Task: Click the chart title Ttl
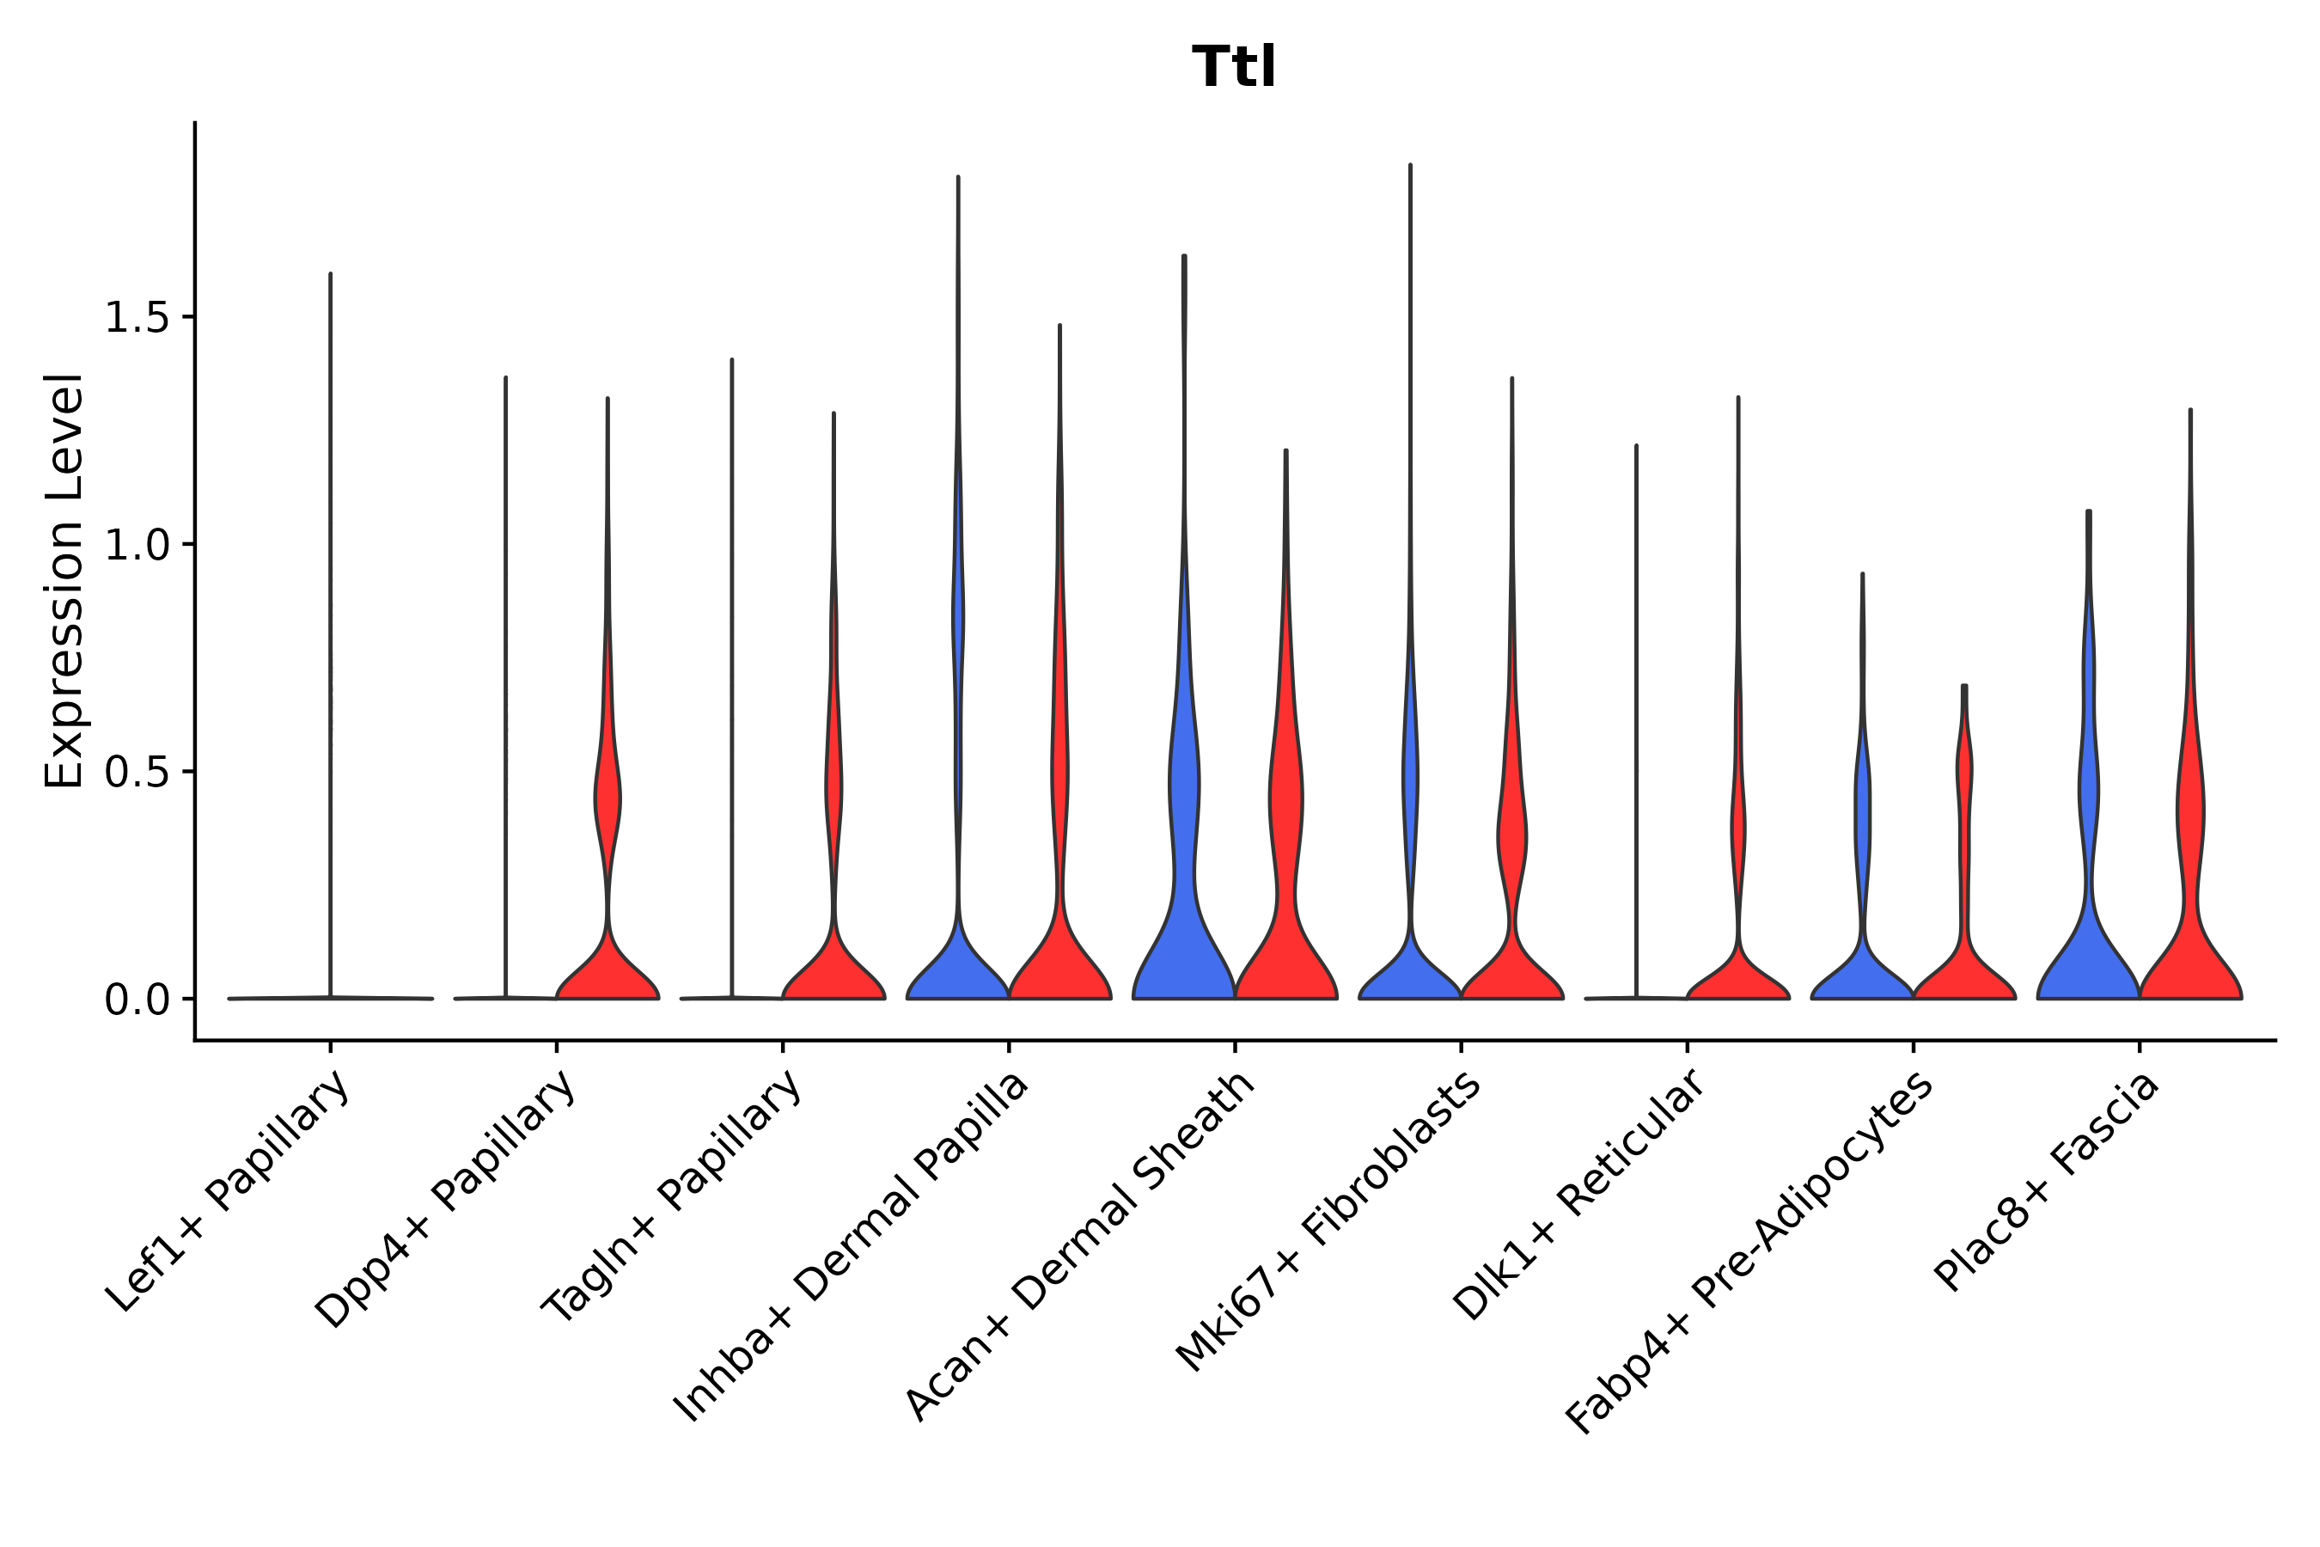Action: (x=1234, y=68)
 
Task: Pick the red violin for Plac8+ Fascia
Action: (x=2189, y=947)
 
